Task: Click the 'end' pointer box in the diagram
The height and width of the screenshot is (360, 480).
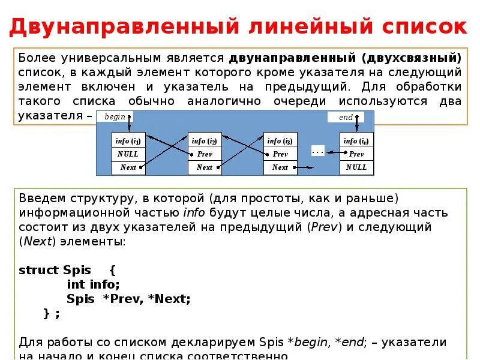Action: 346,117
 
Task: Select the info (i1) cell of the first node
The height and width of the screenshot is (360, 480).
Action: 128,141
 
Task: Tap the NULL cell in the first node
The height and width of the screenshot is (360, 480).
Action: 128,154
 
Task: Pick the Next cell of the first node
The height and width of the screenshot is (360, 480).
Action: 128,167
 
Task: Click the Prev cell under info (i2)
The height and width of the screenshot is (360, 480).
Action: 205,154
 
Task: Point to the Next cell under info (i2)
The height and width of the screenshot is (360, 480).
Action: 205,167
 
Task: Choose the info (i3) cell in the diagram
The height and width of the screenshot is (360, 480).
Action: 280,141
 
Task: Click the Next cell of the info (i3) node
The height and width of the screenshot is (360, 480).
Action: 280,167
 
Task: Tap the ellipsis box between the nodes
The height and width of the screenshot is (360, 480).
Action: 318,151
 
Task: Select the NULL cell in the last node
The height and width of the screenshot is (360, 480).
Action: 356,167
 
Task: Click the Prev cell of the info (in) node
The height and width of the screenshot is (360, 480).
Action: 356,154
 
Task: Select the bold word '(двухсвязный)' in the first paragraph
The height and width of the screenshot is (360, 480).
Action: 412,58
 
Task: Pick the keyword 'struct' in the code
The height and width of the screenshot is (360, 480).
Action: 37,270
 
